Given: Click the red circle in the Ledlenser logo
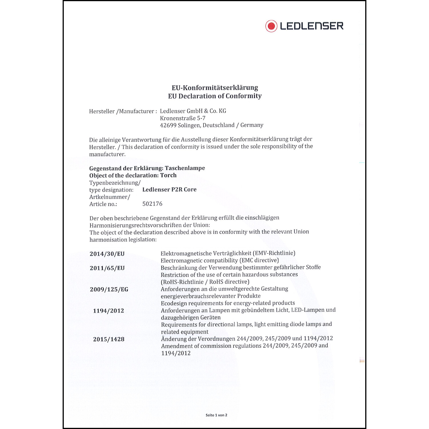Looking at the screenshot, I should [x=271, y=26].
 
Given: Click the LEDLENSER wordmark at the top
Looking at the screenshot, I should [x=311, y=26].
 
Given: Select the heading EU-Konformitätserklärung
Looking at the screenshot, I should [x=214, y=88].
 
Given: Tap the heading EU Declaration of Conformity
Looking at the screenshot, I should [x=214, y=96].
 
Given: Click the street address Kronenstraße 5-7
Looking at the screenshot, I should [x=182, y=118].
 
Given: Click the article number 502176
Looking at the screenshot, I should [x=152, y=204].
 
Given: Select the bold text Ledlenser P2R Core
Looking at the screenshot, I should [x=169, y=190].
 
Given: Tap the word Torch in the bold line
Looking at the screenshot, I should [x=168, y=175].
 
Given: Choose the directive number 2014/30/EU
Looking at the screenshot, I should [x=107, y=254].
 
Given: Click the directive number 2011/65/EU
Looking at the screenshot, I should [x=107, y=268].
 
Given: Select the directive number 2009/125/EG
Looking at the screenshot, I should [x=109, y=289].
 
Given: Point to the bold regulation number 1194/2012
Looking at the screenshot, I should [x=108, y=311].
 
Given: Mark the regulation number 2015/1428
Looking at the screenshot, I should [x=109, y=339].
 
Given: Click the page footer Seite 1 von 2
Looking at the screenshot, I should [x=216, y=415].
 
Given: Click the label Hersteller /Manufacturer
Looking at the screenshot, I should [x=122, y=111].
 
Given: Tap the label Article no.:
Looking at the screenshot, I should [x=103, y=204].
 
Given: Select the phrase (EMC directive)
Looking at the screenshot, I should [x=259, y=260].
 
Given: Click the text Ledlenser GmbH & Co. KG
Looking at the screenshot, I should [x=193, y=111].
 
